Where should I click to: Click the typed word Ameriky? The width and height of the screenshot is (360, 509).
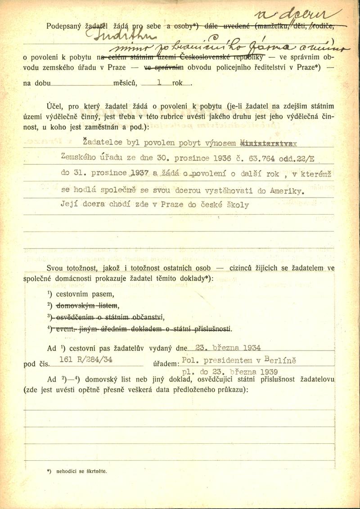tap(287, 190)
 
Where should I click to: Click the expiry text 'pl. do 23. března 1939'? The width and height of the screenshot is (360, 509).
tap(229, 372)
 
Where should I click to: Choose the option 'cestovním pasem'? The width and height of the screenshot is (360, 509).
tap(84, 294)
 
